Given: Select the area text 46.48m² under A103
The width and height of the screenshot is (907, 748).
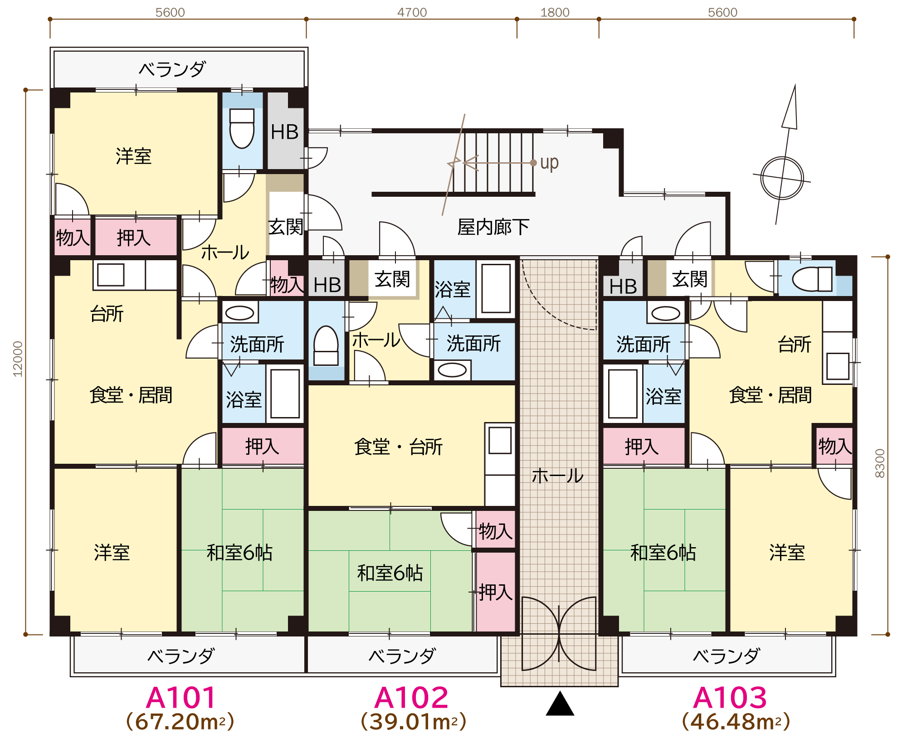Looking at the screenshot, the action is coord(736,722).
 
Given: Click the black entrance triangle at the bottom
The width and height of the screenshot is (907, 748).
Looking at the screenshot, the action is coord(560,704).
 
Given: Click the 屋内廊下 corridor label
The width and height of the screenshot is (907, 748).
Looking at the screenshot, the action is coord(493,227).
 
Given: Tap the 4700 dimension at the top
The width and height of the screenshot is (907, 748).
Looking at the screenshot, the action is coord(412,12).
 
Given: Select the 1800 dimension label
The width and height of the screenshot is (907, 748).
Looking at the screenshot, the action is coord(555,12).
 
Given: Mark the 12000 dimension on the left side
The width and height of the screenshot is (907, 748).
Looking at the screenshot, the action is coord(18,359).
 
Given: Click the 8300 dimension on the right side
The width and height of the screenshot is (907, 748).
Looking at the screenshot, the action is coord(879,463).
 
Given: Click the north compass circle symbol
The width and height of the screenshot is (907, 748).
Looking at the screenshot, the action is coord(782,178).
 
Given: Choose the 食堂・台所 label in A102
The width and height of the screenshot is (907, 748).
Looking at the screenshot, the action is coord(398,447).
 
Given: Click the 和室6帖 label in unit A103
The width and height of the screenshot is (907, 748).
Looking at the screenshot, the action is coord(663,553).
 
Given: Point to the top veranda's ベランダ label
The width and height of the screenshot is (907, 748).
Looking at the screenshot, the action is coord(172,69).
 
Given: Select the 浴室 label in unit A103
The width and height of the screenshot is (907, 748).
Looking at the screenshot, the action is coord(663,396).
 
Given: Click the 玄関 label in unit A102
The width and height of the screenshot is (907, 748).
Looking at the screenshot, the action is coord(392,279).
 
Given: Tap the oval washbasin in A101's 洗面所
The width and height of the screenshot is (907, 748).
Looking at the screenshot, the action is coord(239,313).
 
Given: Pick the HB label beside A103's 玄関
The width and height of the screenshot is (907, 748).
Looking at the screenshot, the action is coord(623,287).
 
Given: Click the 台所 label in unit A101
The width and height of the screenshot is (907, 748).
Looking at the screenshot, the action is coord(107,314).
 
